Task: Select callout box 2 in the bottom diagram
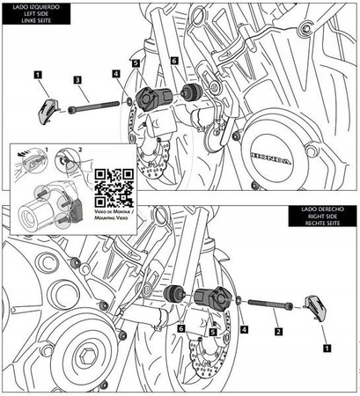coord(278,332)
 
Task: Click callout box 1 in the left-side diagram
coord(39,77)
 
